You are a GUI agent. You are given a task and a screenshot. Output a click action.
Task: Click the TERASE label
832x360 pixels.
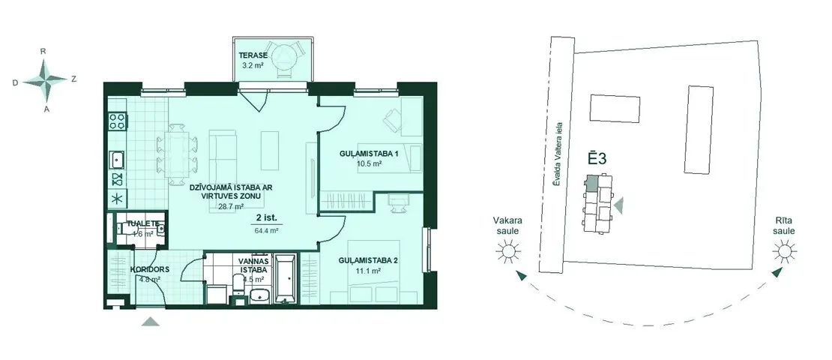(252, 55)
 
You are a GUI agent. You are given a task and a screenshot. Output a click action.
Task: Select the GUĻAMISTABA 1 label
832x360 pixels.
(369, 154)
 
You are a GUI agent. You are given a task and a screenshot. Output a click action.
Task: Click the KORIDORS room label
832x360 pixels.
(150, 269)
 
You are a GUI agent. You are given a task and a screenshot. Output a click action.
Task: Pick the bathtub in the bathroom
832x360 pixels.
(285, 279)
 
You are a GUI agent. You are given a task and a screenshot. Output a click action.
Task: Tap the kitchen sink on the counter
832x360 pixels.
(117, 159)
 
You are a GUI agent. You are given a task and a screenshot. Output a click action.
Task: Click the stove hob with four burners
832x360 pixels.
(117, 121)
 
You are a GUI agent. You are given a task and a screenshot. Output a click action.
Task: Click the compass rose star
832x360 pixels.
(46, 80)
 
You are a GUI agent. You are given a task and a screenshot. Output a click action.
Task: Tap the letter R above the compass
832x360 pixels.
(43, 52)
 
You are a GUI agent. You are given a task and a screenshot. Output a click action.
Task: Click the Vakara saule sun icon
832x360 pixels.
(507, 250)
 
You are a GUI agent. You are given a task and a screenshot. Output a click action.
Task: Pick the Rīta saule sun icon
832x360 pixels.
(783, 250)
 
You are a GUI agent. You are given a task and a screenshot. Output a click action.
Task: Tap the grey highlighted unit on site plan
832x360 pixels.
(591, 183)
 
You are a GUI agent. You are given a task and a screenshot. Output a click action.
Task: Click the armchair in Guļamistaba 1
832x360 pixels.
(393, 120)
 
